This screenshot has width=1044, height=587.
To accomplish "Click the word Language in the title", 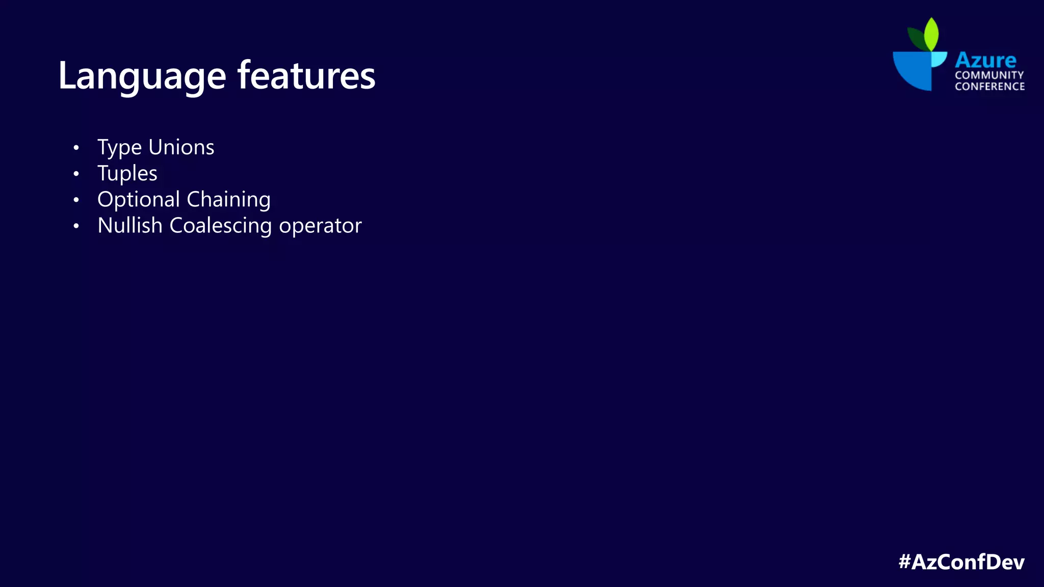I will pyautogui.click(x=142, y=76).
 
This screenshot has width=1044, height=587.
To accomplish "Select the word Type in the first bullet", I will pyautogui.click(x=119, y=148).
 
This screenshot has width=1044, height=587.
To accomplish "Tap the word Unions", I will pyautogui.click(x=181, y=147).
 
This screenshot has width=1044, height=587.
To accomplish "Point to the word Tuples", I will pyautogui.click(x=127, y=174).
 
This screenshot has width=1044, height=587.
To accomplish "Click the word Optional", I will pyautogui.click(x=139, y=200).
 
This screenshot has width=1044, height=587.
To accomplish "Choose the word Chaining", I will pyautogui.click(x=228, y=200).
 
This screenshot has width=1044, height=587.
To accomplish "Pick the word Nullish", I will pyautogui.click(x=130, y=225).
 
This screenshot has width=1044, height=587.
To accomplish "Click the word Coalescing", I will pyautogui.click(x=221, y=226).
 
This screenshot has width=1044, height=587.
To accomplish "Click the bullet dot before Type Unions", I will pyautogui.click(x=76, y=148).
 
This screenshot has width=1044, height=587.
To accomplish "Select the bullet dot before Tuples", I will pyautogui.click(x=76, y=174).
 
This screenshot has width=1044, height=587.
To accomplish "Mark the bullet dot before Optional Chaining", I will pyautogui.click(x=76, y=200).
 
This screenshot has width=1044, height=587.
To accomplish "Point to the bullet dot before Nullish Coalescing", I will pyautogui.click(x=76, y=226).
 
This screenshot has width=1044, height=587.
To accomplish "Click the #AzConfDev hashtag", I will pyautogui.click(x=961, y=562).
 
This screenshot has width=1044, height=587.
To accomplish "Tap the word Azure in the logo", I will pyautogui.click(x=985, y=60).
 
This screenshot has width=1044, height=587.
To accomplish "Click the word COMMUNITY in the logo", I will pyautogui.click(x=989, y=75).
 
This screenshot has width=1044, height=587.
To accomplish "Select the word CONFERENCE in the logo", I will pyautogui.click(x=989, y=87).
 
